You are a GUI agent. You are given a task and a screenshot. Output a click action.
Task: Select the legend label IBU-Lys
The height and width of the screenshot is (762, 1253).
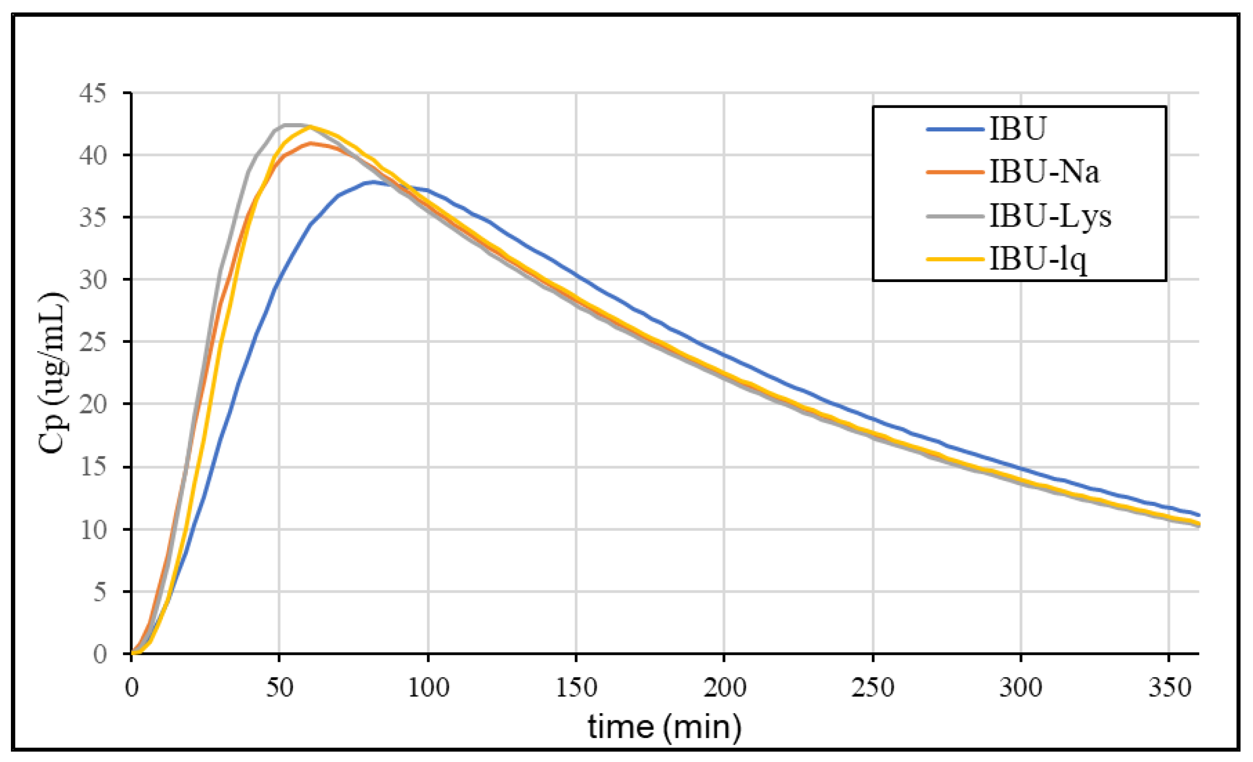pyautogui.click(x=1050, y=216)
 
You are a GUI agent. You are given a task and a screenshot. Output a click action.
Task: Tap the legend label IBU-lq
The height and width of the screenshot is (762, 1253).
pyautogui.click(x=1038, y=259)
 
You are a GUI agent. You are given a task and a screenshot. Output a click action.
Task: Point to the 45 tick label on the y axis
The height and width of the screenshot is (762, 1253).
pyautogui.click(x=92, y=93)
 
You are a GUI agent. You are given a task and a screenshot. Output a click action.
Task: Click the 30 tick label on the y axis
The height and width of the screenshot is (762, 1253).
pyautogui.click(x=92, y=280)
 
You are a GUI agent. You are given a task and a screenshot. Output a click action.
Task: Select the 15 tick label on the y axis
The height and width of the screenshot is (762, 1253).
pyautogui.click(x=92, y=467)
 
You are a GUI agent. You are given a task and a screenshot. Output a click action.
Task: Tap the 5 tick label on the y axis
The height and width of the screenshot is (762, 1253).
pyautogui.click(x=99, y=592)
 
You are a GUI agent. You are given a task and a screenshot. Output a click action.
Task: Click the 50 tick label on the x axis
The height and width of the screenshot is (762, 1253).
pyautogui.click(x=280, y=688)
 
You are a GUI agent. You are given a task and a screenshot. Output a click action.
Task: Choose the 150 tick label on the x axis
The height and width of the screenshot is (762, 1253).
pyautogui.click(x=576, y=688)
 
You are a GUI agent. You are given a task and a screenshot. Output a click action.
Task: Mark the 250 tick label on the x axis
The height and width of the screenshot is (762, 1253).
pyautogui.click(x=873, y=688)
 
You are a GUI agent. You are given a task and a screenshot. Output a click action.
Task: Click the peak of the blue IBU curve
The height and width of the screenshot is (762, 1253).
pyautogui.click(x=372, y=182)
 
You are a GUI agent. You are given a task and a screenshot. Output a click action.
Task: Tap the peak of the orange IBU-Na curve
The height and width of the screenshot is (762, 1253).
pyautogui.click(x=311, y=143)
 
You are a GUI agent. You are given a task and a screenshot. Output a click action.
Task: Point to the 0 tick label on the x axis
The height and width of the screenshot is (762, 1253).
pyautogui.click(x=132, y=688)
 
